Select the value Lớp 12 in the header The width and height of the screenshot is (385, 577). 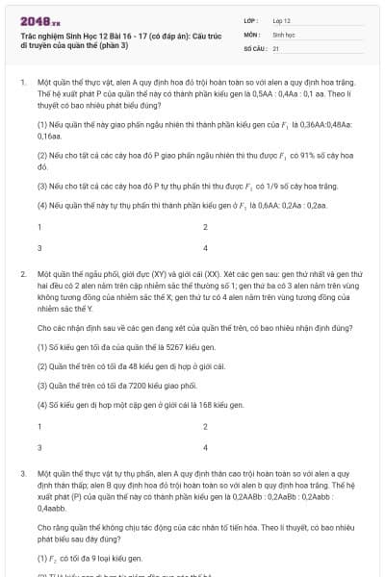pyautogui.click(x=282, y=19)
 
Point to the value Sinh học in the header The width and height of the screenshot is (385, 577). pyautogui.click(x=284, y=33)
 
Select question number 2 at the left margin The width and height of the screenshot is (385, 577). pyautogui.click(x=23, y=275)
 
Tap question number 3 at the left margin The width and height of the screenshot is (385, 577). pyautogui.click(x=23, y=474)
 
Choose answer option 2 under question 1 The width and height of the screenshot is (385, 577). pyautogui.click(x=205, y=227)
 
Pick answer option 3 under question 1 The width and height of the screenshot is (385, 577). pyautogui.click(x=39, y=247)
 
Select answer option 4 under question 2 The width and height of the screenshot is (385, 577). pyautogui.click(x=205, y=447)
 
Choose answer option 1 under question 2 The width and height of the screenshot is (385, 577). pyautogui.click(x=39, y=426)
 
